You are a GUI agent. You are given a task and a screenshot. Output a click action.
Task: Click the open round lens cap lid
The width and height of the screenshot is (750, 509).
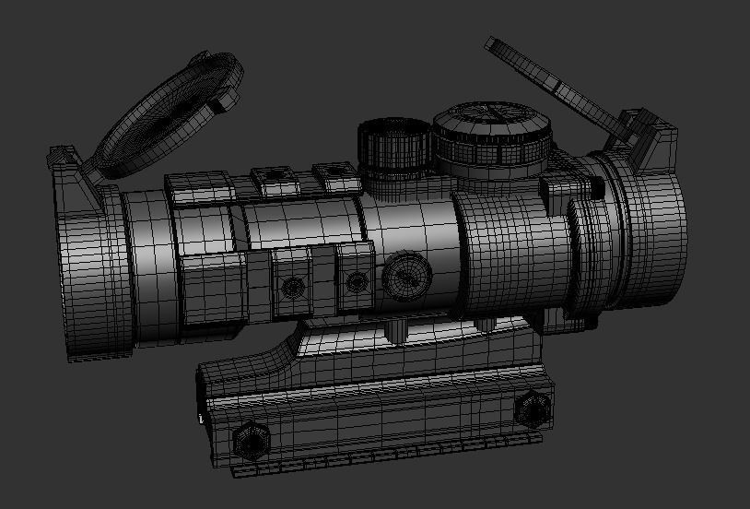(166, 114)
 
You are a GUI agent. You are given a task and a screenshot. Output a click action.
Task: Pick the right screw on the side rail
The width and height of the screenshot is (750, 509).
(355, 278)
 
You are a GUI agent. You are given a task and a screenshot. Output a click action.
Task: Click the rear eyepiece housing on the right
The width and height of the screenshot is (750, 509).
(645, 240)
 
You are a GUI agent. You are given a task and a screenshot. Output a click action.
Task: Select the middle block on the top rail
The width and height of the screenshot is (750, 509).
(275, 181)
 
